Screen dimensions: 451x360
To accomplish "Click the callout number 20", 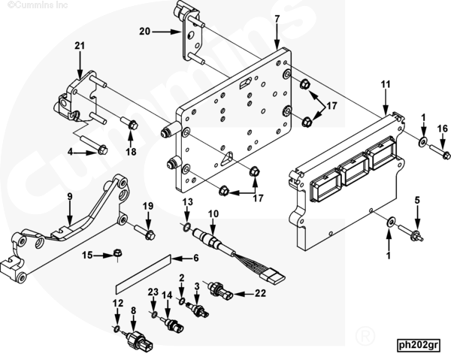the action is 144,31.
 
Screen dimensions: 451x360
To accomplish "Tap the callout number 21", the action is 80,46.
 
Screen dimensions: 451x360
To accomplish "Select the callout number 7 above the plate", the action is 277,19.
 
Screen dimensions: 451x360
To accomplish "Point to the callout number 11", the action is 386,84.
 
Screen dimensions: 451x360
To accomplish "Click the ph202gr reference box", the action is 419,344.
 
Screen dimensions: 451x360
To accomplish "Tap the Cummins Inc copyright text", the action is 38,5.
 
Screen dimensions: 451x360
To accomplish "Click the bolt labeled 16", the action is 440,151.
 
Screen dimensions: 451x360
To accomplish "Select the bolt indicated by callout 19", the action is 144,231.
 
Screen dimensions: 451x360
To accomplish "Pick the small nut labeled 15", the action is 117,253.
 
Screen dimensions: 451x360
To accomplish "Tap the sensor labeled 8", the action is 138,340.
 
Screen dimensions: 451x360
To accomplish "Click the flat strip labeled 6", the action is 143,274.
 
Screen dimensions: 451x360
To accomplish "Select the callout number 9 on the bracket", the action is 70,197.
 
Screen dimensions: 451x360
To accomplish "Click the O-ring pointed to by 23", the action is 154,314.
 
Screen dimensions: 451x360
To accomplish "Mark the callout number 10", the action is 213,214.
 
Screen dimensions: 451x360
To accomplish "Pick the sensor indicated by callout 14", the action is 173,325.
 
